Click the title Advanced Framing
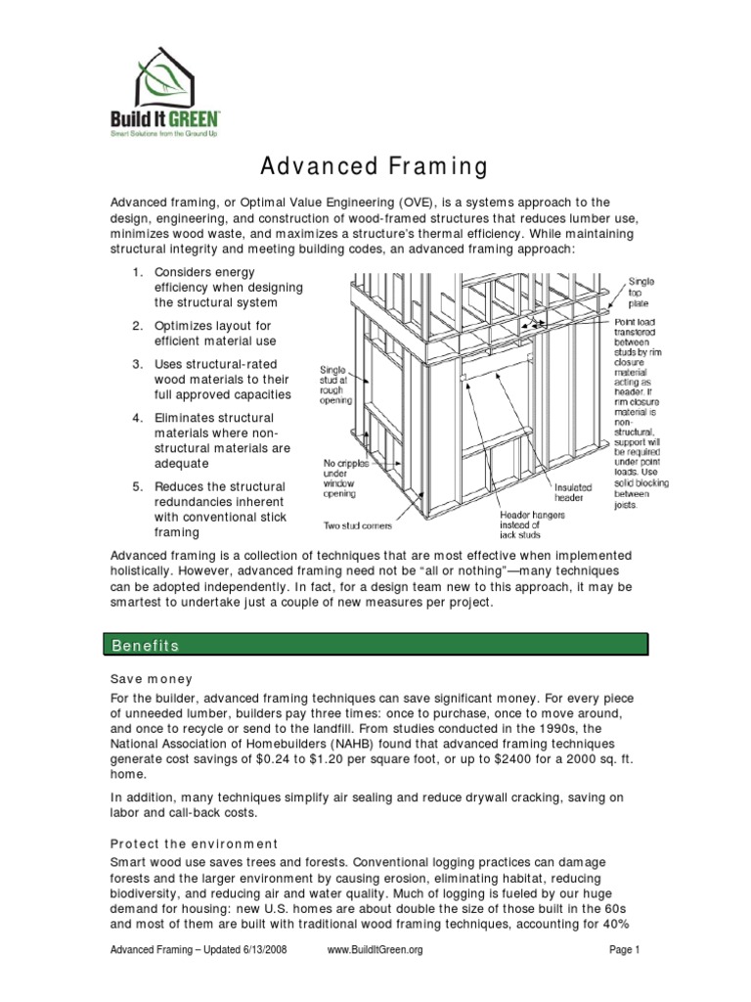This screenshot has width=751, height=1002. (x=375, y=166)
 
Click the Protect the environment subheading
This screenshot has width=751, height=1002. (x=194, y=843)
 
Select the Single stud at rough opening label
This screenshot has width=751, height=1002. (x=344, y=385)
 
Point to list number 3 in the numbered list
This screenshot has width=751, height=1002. (x=138, y=364)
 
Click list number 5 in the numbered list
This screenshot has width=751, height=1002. (x=138, y=486)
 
